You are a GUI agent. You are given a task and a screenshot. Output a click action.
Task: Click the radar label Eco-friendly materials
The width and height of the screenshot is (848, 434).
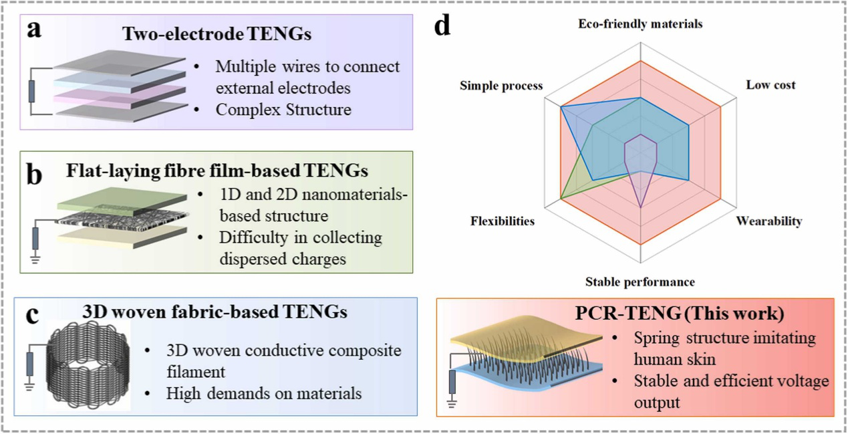[x=640, y=24]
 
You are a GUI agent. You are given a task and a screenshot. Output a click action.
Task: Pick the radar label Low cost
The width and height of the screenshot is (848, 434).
[x=770, y=86]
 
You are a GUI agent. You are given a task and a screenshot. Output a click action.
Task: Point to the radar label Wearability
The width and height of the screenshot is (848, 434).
[x=768, y=221]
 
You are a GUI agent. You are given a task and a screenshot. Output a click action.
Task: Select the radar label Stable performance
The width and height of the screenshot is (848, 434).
[x=640, y=282]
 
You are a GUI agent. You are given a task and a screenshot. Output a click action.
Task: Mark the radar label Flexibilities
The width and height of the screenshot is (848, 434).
[x=503, y=221]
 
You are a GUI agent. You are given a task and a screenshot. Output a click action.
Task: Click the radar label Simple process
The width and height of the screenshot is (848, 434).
[x=501, y=86]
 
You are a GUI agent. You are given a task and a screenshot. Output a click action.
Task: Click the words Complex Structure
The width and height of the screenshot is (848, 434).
[x=283, y=110]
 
